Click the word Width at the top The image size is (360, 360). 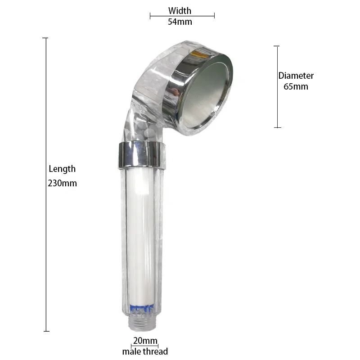point(180,10)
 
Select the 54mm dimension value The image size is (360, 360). point(180,22)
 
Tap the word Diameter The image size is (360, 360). point(296,76)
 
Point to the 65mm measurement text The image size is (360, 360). point(296,86)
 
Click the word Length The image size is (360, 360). point(62,169)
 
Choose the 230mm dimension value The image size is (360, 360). point(62,183)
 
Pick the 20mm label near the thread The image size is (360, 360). point(145,341)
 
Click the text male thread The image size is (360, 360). point(145,351)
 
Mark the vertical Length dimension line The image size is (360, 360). point(45,135)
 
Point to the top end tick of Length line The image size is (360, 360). point(45,38)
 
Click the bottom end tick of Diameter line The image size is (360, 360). point(277,127)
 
